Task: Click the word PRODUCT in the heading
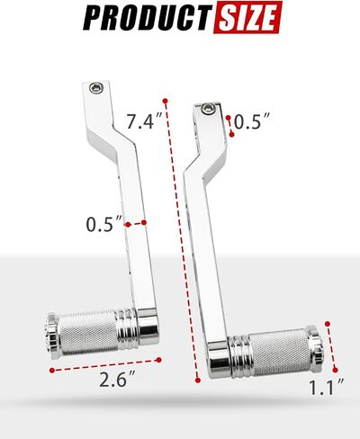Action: [x=146, y=17]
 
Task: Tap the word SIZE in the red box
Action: [x=247, y=17]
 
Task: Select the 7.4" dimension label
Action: [x=144, y=121]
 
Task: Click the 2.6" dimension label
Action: [x=117, y=381]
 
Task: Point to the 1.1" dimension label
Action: [x=327, y=388]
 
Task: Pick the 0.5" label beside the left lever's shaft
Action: [x=104, y=224]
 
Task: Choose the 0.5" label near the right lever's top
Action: [x=251, y=121]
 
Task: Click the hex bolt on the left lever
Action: [x=96, y=88]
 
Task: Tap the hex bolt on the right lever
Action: [x=208, y=108]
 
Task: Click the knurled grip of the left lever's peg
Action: [x=87, y=332]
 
